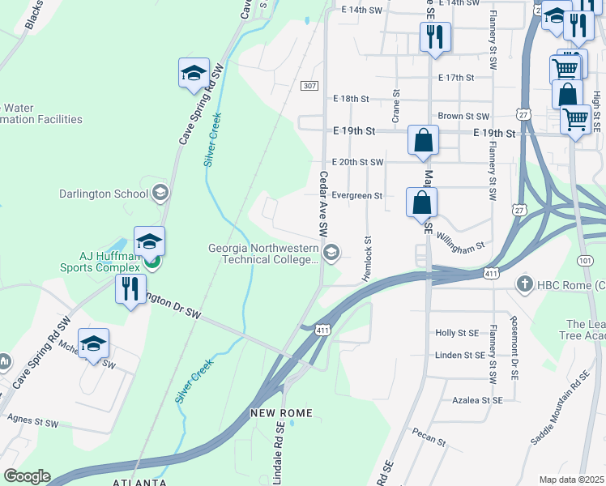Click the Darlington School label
tap(103, 194)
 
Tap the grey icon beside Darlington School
tap(160, 193)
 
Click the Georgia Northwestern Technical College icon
tap(331, 254)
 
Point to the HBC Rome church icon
tap(525, 284)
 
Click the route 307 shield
tap(309, 86)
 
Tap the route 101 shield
tap(584, 261)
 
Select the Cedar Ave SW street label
tap(322, 203)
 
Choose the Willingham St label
tap(459, 240)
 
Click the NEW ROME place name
tap(281, 413)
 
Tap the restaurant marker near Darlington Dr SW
tap(130, 288)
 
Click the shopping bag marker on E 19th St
tap(423, 140)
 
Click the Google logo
tap(27, 476)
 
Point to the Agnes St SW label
tap(32, 422)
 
